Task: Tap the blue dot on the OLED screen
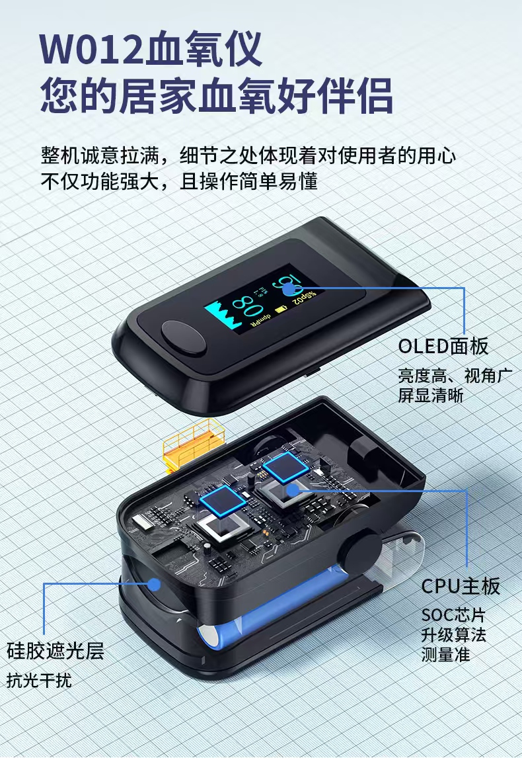pyautogui.click(x=289, y=289)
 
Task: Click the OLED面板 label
pyautogui.click(x=443, y=347)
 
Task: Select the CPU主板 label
pyautogui.click(x=461, y=586)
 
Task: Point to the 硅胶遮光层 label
pyautogui.click(x=55, y=651)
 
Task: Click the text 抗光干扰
pyautogui.click(x=39, y=681)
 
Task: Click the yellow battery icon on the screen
pyautogui.click(x=281, y=310)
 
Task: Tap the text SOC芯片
pyautogui.click(x=453, y=615)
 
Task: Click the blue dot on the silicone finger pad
pyautogui.click(x=155, y=585)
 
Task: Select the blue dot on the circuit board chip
pyautogui.click(x=292, y=489)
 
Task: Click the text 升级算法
pyautogui.click(x=453, y=635)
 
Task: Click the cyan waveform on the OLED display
pyautogui.click(x=223, y=316)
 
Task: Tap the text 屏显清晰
pyautogui.click(x=431, y=396)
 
